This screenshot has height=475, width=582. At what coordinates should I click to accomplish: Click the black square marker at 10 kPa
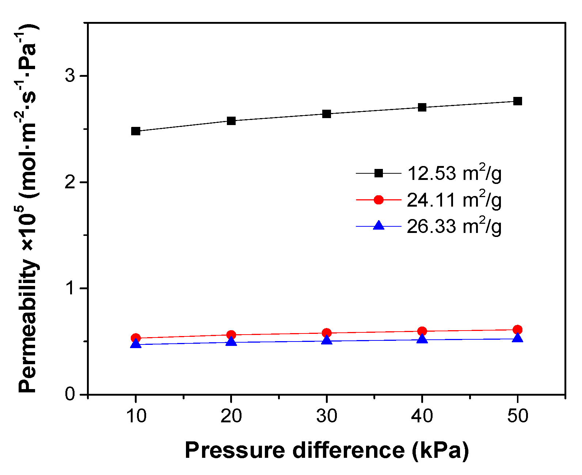coord(136,131)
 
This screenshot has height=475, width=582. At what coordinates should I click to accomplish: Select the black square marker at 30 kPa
coord(327,114)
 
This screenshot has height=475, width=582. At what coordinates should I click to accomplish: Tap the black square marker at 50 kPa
coord(517,101)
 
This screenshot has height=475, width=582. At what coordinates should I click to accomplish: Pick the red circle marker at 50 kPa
coord(517,329)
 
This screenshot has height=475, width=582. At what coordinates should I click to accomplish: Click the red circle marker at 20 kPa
coord(231,335)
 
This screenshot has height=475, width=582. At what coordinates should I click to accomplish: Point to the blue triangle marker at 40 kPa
coord(422,339)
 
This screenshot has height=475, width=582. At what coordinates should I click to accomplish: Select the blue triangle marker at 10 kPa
coord(136,344)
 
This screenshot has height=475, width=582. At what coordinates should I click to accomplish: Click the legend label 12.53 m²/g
coord(454,173)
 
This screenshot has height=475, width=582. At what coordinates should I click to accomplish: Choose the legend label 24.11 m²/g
coord(454,200)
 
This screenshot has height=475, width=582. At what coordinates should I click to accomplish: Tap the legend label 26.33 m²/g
coord(454,227)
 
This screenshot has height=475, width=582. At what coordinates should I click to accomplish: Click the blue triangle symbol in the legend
coord(379,226)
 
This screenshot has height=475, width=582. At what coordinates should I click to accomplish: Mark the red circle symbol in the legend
coord(379,200)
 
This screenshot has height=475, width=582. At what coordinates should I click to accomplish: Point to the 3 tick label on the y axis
coord(70,76)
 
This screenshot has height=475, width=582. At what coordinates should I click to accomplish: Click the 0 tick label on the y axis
coord(70,394)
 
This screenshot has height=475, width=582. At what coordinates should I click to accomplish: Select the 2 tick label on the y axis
coord(70,182)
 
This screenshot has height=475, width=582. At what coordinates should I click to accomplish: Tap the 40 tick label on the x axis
coord(422,416)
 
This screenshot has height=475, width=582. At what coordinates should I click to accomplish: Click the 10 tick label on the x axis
coord(136,416)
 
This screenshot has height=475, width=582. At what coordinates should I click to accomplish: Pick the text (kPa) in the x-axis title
coord(440,450)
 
